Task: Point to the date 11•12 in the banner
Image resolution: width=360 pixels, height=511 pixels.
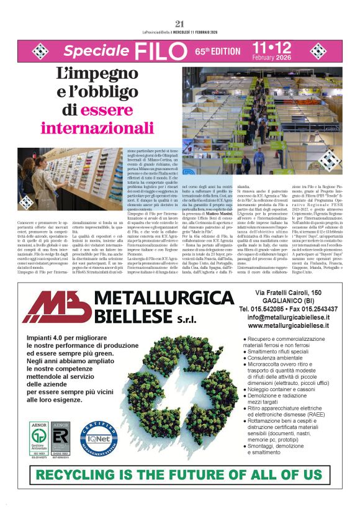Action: click(x=272, y=48)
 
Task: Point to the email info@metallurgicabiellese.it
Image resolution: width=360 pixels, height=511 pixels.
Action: click(x=297, y=317)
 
